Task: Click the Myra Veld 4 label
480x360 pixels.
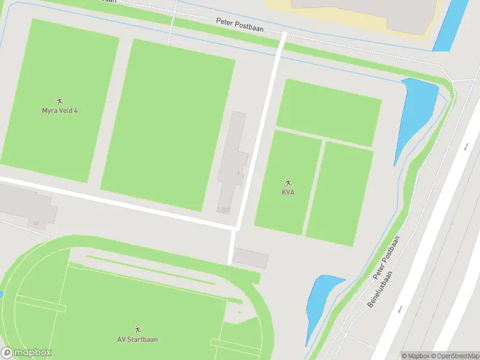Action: pos(59,110)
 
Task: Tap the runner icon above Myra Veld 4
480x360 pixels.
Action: pos(59,101)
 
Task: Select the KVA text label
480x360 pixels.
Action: pos(288,192)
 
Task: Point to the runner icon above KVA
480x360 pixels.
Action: pos(288,182)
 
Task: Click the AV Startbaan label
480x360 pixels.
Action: pos(137,339)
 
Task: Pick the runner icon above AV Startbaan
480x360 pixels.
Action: pos(137,329)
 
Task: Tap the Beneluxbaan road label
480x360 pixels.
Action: pos(379,289)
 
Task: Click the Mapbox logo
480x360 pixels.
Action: pos(26,352)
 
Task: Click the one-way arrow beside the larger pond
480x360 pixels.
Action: pos(466,146)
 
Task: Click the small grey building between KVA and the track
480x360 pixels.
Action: pos(250,258)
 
